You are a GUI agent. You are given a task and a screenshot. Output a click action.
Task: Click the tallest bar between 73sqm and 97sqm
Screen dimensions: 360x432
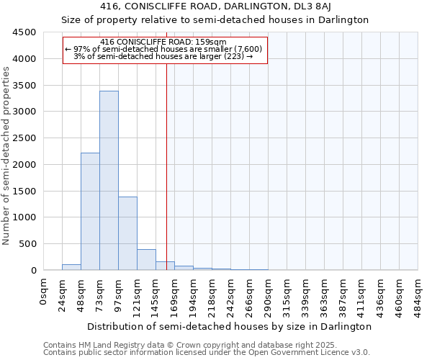click(109, 180)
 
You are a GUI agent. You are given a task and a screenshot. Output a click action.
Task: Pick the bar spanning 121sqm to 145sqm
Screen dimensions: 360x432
click(146, 259)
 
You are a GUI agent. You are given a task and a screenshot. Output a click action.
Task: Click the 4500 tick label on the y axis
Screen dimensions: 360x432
click(24, 32)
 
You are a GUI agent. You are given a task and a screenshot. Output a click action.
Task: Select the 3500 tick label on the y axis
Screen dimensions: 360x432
click(24, 85)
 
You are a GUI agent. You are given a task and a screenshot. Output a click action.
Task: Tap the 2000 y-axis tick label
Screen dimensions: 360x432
click(24, 165)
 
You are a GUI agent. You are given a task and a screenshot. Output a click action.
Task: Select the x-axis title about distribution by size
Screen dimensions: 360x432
click(230, 326)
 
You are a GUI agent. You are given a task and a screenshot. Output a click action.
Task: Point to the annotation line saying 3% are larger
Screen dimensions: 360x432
click(163, 56)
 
